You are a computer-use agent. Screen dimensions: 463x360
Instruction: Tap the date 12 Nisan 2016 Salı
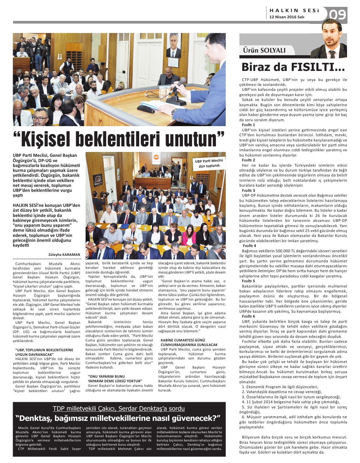pos(286,17)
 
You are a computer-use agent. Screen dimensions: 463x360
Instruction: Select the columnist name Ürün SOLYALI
pos(264,50)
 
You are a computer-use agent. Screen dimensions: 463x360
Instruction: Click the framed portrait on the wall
pos(173,45)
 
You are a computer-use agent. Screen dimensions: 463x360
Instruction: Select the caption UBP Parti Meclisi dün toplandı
pos(209,163)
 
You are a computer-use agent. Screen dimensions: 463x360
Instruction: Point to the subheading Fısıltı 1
pos(248,125)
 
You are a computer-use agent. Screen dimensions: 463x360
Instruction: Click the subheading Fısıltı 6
pos(248,316)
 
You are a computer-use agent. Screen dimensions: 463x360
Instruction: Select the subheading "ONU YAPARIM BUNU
pos(106,376)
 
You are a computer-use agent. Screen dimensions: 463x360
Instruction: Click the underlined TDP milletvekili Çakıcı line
pos(119,408)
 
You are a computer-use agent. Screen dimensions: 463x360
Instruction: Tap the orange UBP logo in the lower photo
pos(156,157)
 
